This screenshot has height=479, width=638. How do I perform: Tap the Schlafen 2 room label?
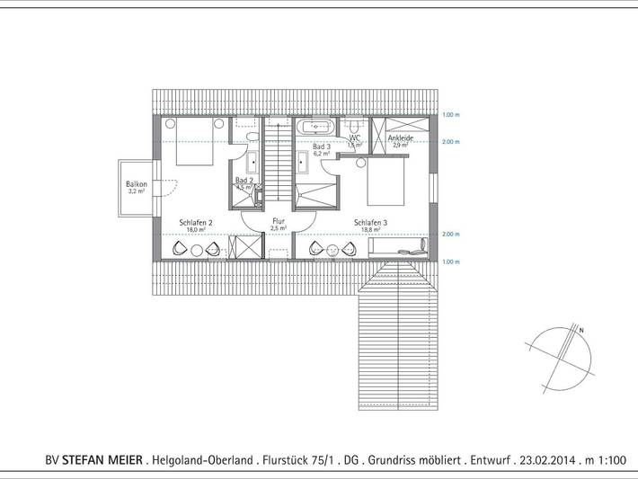(x=195, y=223)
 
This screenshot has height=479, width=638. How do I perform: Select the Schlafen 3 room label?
(x=370, y=223)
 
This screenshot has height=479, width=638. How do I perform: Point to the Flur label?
(x=279, y=220)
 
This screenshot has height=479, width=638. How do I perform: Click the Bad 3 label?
(x=321, y=146)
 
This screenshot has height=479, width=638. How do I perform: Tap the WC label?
(x=355, y=138)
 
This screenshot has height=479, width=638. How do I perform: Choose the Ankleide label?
(x=400, y=138)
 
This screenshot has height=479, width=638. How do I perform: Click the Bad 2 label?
(x=244, y=181)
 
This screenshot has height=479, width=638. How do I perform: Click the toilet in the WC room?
(x=355, y=125)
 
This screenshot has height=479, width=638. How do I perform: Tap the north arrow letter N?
(x=581, y=331)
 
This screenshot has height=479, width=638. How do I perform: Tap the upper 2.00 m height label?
(x=450, y=142)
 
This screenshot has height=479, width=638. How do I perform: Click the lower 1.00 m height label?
(x=450, y=262)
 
